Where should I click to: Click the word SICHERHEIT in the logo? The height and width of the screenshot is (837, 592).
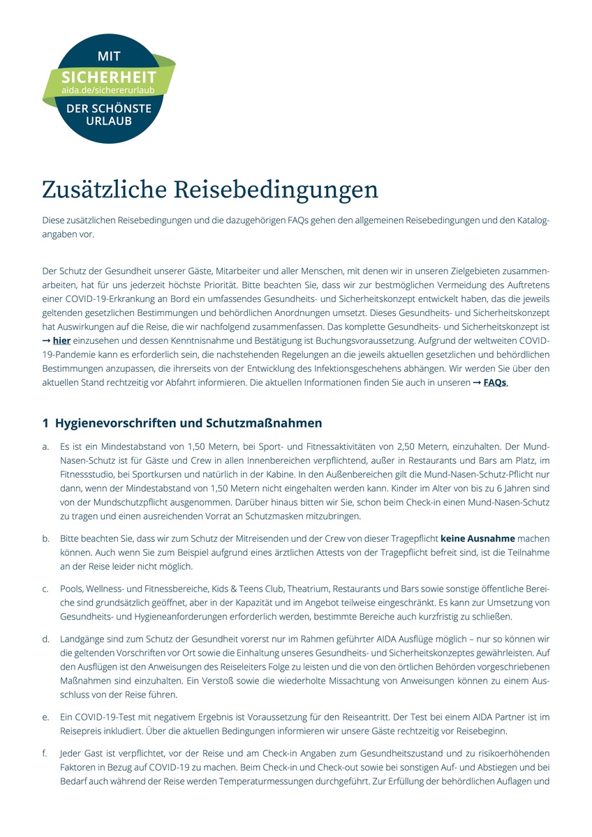(108, 77)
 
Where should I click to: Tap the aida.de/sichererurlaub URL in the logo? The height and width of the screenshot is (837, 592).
(108, 91)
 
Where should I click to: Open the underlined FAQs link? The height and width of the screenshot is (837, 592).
(494, 382)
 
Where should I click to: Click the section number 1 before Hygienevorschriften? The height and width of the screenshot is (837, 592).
(45, 423)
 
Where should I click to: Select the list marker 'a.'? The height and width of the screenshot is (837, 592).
(46, 446)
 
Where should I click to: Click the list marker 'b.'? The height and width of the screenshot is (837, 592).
(46, 538)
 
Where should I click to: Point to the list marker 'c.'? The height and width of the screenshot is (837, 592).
(46, 589)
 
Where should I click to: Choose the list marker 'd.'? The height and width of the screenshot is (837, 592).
(46, 639)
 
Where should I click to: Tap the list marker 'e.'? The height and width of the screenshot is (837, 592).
(46, 717)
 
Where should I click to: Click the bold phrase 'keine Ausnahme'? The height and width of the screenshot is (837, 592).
(478, 538)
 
